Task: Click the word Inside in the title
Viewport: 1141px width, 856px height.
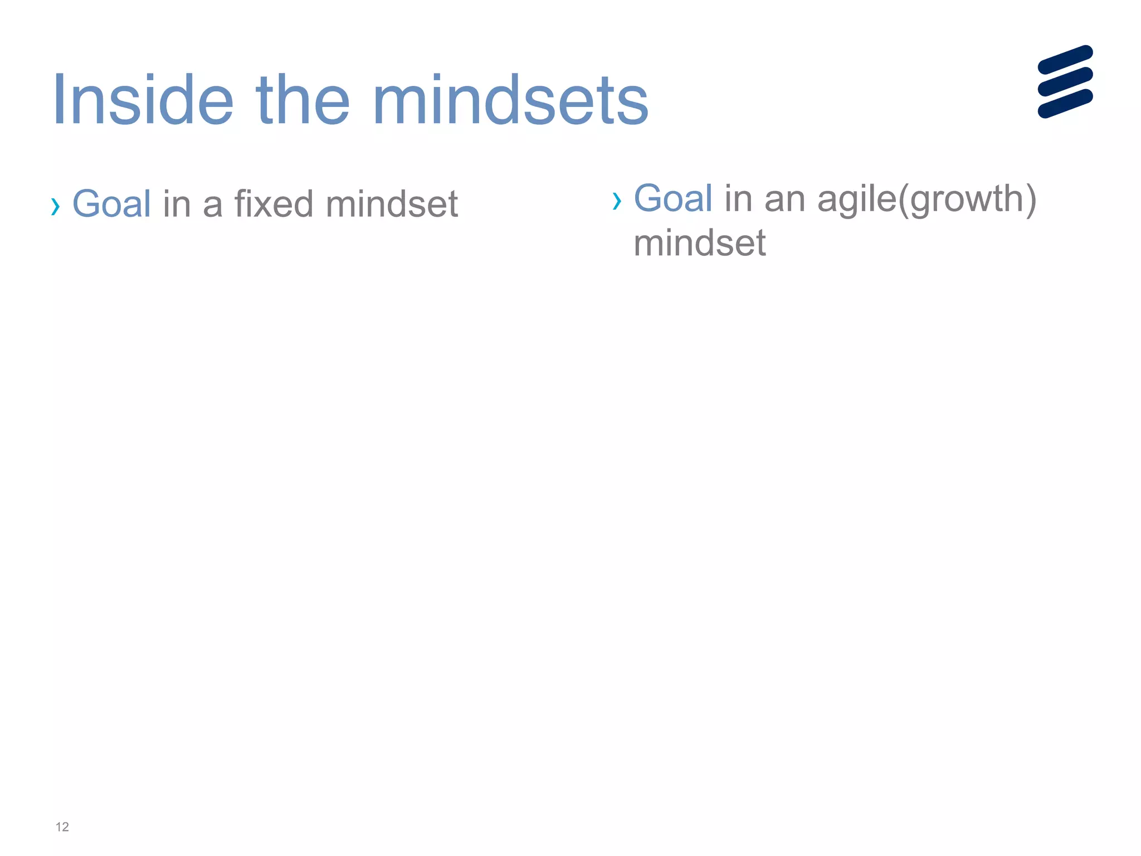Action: (x=143, y=101)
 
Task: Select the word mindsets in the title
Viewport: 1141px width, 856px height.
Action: (x=513, y=101)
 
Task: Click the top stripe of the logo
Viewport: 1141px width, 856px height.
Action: (x=1065, y=60)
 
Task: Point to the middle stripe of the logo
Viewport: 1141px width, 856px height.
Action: (x=1065, y=81)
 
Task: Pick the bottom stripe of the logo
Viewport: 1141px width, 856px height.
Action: (x=1065, y=104)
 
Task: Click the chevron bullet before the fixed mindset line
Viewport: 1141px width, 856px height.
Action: (x=55, y=206)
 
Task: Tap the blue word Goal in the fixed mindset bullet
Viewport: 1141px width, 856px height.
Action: (x=111, y=203)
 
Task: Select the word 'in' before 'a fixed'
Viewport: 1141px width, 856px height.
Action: (x=177, y=203)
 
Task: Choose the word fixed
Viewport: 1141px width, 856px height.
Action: (x=274, y=203)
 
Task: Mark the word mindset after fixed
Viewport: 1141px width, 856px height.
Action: (x=392, y=203)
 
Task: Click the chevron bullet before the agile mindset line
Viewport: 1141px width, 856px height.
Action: (x=616, y=201)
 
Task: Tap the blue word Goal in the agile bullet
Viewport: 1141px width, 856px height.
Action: (x=673, y=198)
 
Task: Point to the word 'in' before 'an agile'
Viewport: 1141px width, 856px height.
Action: (x=738, y=198)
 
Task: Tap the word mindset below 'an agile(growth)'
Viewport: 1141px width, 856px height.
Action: (x=700, y=243)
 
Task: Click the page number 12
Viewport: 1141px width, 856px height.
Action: (x=62, y=827)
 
